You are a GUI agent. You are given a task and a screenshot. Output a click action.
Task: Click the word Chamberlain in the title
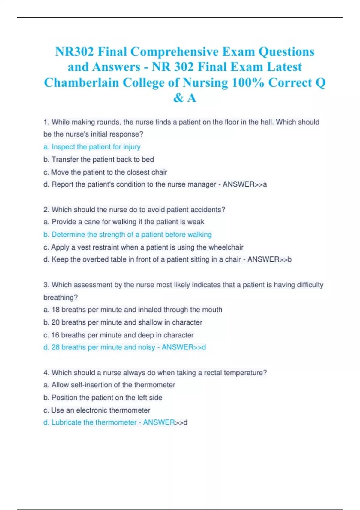click(81, 82)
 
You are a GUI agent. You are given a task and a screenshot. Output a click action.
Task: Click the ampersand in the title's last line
click(178, 98)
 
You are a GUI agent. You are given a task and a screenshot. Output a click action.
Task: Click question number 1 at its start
click(46, 122)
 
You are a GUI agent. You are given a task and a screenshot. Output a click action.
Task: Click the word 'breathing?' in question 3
click(61, 298)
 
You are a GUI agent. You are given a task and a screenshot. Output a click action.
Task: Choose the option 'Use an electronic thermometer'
click(100, 410)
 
